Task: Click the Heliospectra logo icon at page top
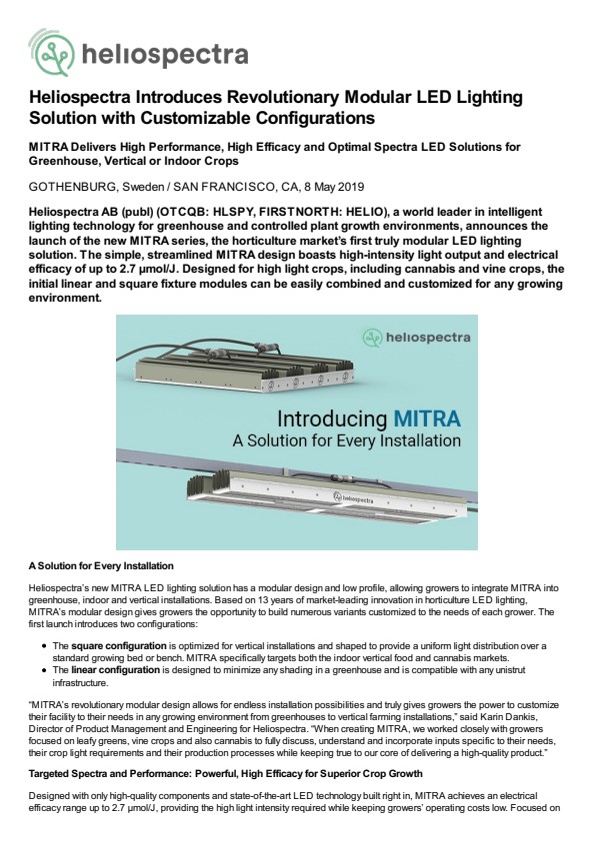(52, 53)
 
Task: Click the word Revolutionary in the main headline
(282, 97)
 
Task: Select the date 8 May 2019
(333, 187)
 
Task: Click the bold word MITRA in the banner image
(427, 419)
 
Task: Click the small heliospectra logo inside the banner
(417, 338)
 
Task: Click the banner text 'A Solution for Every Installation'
(346, 440)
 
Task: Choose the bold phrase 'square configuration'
(119, 646)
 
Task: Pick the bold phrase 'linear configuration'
(115, 670)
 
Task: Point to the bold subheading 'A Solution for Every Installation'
(101, 566)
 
